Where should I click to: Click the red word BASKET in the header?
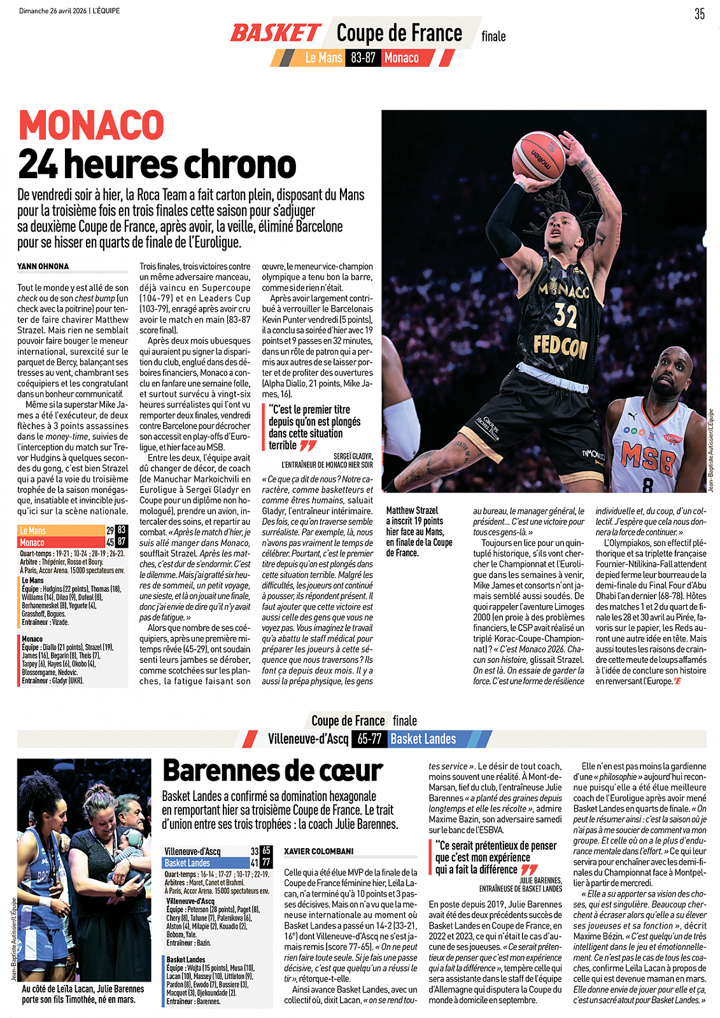point(275,33)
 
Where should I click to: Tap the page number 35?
point(699,14)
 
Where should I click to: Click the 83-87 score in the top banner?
point(363,58)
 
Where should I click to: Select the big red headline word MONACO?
point(92,125)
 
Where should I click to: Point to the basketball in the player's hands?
point(538,155)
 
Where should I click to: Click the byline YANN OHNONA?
point(43,267)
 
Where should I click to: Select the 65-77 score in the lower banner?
point(369,739)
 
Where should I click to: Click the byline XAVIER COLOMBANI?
point(318,851)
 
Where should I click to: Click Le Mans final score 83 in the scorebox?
point(122,530)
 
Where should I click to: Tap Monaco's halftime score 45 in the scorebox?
point(110,542)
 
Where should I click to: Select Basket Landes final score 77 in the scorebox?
point(266,863)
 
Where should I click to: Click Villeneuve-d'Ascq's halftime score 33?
point(255,851)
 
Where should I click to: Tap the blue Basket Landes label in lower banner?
point(423,739)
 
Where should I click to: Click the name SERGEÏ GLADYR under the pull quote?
point(353,456)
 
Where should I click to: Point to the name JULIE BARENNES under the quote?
point(540,881)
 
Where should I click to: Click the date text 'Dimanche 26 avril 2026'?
point(53,11)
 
